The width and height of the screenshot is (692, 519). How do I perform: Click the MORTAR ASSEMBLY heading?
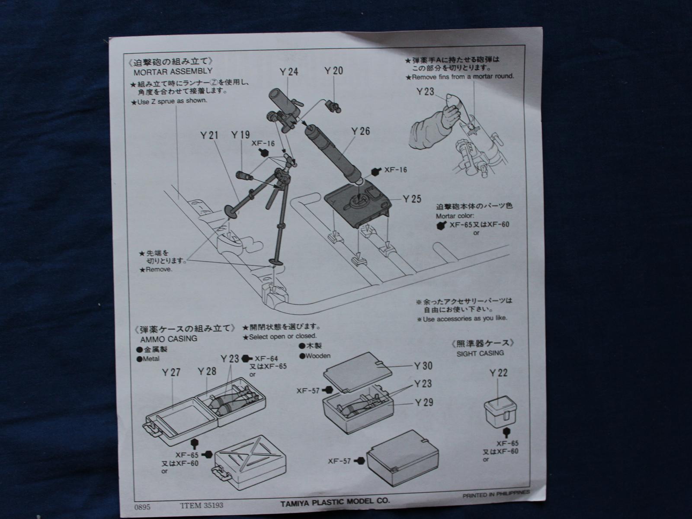pos(173,71)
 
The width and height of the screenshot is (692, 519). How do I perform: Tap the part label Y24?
pos(289,72)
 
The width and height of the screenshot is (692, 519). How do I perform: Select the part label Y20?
pos(333,71)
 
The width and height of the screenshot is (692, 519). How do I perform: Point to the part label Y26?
pos(360,131)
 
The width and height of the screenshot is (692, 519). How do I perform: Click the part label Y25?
pos(412,199)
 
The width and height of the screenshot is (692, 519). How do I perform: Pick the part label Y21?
pos(209,135)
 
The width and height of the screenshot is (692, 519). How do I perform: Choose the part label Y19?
pos(240,135)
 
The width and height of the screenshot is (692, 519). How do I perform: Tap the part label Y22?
pos(499,373)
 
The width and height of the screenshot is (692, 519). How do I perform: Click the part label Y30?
pos(423,366)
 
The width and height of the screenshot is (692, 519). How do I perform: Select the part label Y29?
pos(423,403)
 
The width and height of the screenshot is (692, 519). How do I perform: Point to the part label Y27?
pos(171,372)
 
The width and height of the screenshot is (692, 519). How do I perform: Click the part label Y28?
pos(207,372)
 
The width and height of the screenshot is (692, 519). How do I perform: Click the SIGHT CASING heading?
pos(480,353)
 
